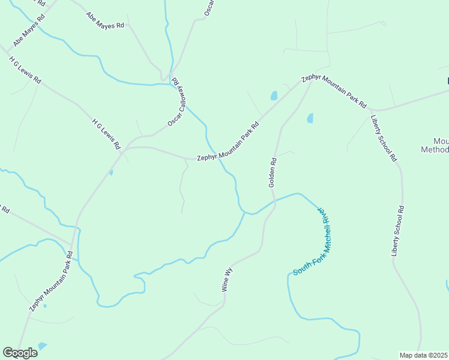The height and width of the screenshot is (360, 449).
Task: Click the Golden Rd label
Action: tap(273, 172)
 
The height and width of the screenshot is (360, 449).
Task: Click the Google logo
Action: tap(20, 352)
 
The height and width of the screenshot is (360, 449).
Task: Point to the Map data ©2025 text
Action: tap(424, 355)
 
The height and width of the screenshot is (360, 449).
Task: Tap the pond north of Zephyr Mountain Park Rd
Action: tap(274, 95)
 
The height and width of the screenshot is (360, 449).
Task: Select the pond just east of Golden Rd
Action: tap(310, 118)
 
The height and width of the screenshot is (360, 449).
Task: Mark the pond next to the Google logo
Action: tap(41, 346)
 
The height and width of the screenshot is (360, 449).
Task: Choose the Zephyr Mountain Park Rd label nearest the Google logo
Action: tap(52, 281)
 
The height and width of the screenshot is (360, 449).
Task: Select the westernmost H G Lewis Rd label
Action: tap(25, 70)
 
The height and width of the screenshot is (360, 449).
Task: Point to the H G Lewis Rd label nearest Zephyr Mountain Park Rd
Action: tap(106, 134)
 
